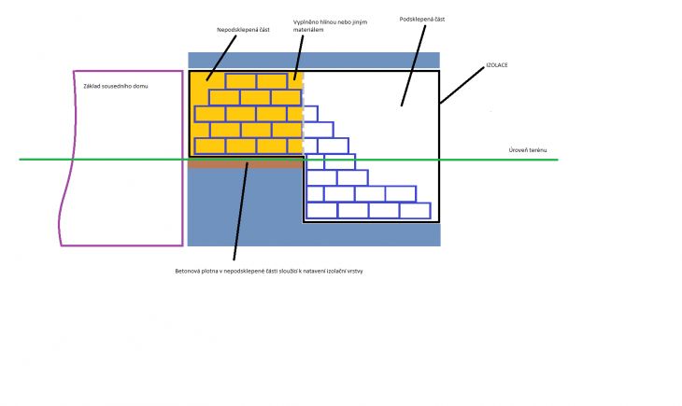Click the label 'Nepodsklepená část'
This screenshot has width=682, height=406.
click(x=243, y=30)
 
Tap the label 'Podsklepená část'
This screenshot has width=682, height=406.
click(x=422, y=19)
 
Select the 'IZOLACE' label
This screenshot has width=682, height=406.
click(x=497, y=64)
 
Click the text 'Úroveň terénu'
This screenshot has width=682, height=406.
click(x=528, y=150)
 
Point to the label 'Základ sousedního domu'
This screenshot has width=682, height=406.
click(x=116, y=86)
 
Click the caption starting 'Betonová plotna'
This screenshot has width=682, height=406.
click(x=269, y=271)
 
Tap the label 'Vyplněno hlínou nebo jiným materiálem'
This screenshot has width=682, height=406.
click(x=330, y=25)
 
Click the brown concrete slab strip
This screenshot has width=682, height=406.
click(x=246, y=165)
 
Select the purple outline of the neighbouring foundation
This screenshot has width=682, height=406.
click(x=183, y=159)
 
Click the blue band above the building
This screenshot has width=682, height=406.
click(x=314, y=61)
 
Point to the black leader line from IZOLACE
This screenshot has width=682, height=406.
click(x=462, y=85)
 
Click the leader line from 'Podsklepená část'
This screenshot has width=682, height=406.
click(x=413, y=65)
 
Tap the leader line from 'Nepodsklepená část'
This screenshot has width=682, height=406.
click(x=221, y=58)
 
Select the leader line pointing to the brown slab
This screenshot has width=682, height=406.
click(x=240, y=211)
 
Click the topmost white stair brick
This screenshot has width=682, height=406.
click(x=310, y=114)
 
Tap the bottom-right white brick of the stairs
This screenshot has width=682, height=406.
click(x=415, y=210)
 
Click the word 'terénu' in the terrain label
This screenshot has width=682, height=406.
click(x=537, y=150)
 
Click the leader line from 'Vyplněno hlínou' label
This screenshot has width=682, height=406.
click(x=298, y=58)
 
